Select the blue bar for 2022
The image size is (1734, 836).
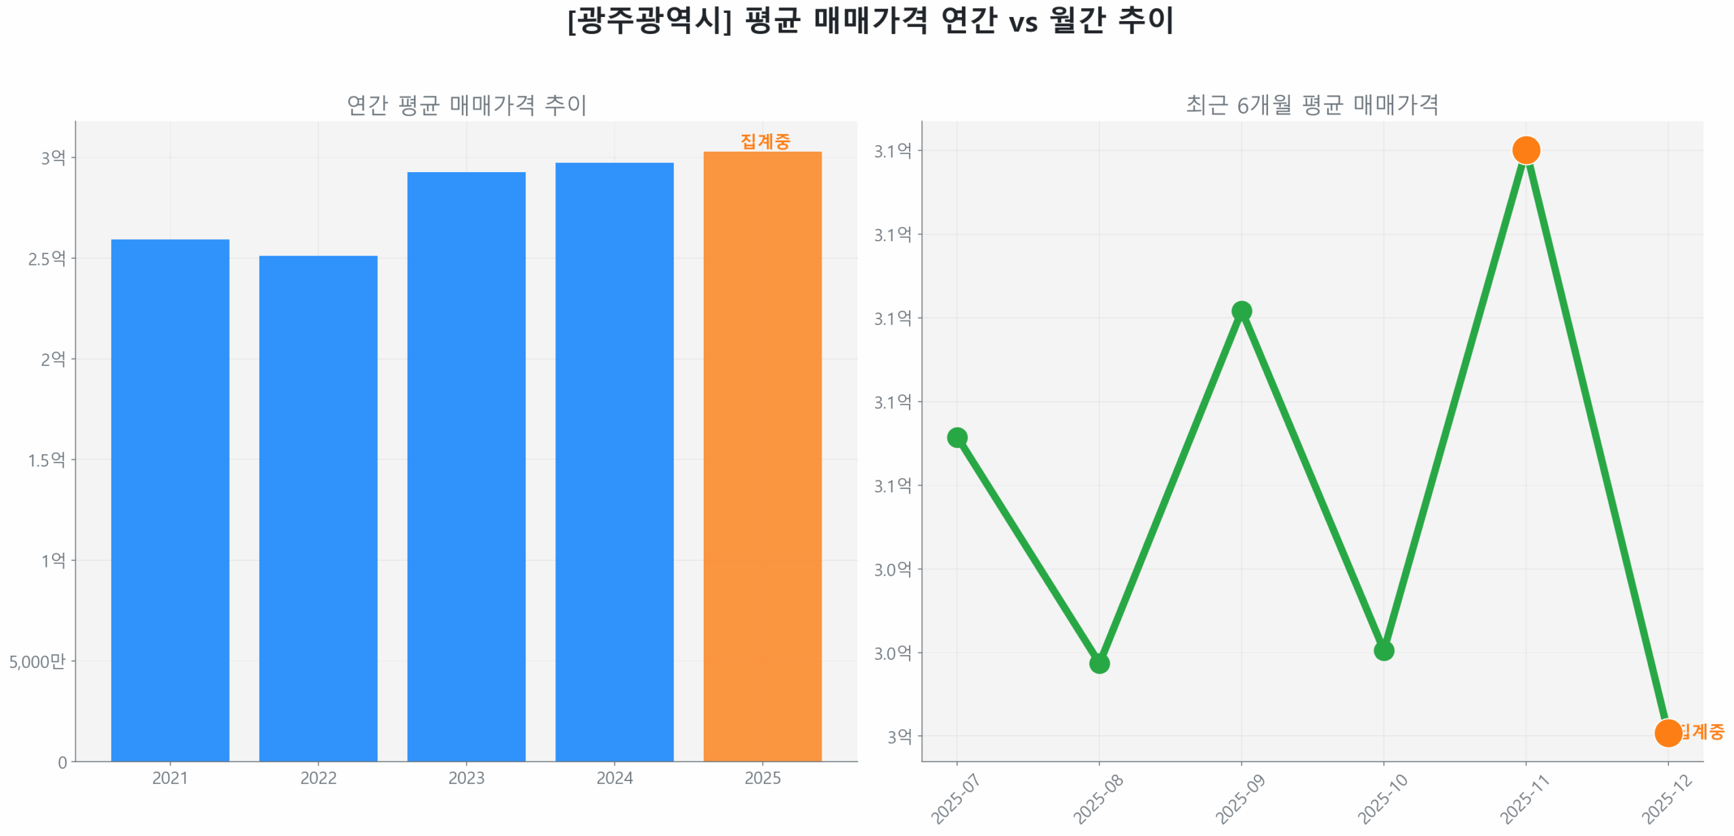pos(318,507)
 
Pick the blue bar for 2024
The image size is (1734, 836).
pos(614,461)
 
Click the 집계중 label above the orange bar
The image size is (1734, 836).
pos(765,141)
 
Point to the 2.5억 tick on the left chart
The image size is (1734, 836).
pos(47,258)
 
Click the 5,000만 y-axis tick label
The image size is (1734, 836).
pos(37,661)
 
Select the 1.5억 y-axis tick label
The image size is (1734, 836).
pos(47,460)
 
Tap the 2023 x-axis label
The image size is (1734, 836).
pos(466,778)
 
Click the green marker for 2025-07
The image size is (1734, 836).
pos(956,437)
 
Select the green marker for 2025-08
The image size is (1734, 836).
pos(1099,663)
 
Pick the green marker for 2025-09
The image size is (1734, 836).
pos(1241,311)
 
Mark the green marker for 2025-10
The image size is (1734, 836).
pos(1383,650)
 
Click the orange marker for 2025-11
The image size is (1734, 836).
pos(1525,150)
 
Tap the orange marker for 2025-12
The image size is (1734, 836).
pos(1668,732)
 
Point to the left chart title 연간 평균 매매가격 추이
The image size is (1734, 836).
pos(466,105)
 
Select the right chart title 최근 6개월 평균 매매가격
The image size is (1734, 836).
pos(1312,105)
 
